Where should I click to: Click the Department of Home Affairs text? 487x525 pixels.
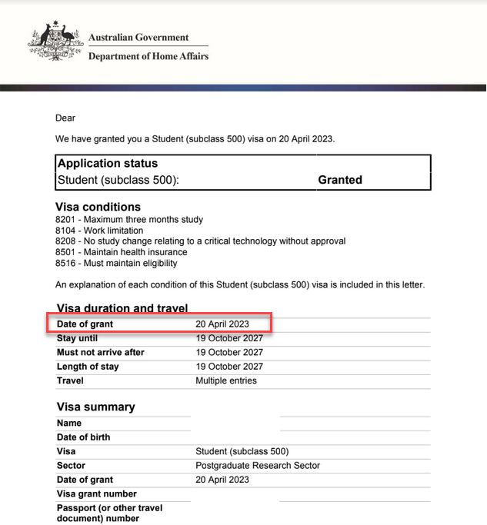[x=148, y=56]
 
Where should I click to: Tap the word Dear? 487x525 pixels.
[x=65, y=118]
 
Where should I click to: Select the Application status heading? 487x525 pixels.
[x=108, y=164]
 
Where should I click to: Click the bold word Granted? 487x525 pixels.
[x=339, y=180]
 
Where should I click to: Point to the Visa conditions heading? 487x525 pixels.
[x=98, y=207]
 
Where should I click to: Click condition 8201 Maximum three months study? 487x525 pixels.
[x=129, y=220]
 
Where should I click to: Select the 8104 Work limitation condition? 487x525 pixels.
[x=99, y=231]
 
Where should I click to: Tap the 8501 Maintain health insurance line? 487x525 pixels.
[x=121, y=252]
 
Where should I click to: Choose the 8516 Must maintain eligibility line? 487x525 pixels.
[x=116, y=263]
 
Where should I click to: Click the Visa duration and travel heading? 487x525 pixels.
[x=122, y=308]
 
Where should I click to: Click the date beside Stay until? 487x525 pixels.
[x=229, y=338]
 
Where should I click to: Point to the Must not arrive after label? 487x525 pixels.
[x=100, y=353]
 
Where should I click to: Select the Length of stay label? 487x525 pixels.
[x=88, y=367]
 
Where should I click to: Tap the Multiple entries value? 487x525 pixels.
[x=226, y=380]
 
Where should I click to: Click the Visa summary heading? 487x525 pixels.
[x=95, y=407]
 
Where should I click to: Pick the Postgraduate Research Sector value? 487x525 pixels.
[x=258, y=466]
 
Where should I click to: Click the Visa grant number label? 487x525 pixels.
[x=96, y=494]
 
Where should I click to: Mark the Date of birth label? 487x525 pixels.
[x=83, y=437]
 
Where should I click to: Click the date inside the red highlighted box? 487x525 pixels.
[x=222, y=324]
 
